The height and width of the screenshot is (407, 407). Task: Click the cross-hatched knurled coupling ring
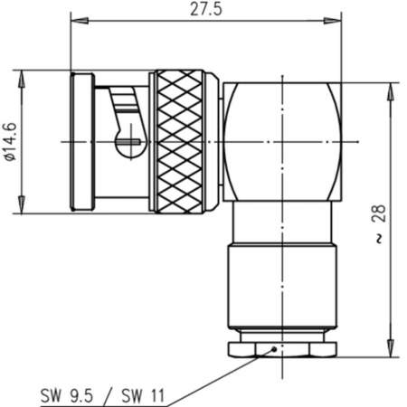pos(185,144)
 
